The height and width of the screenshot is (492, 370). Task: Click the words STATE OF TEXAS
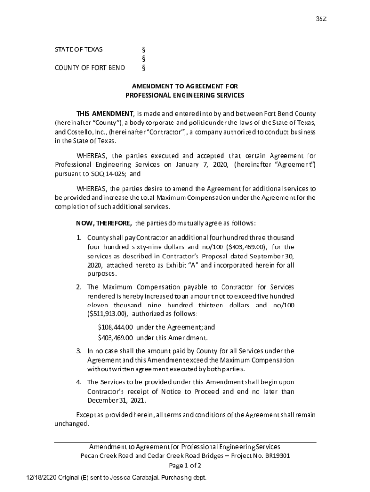click(x=78, y=49)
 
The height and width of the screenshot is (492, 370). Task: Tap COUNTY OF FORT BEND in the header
click(x=90, y=67)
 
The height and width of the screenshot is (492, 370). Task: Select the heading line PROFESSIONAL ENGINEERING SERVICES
click(x=185, y=95)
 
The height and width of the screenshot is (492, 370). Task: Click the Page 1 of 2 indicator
click(x=185, y=466)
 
